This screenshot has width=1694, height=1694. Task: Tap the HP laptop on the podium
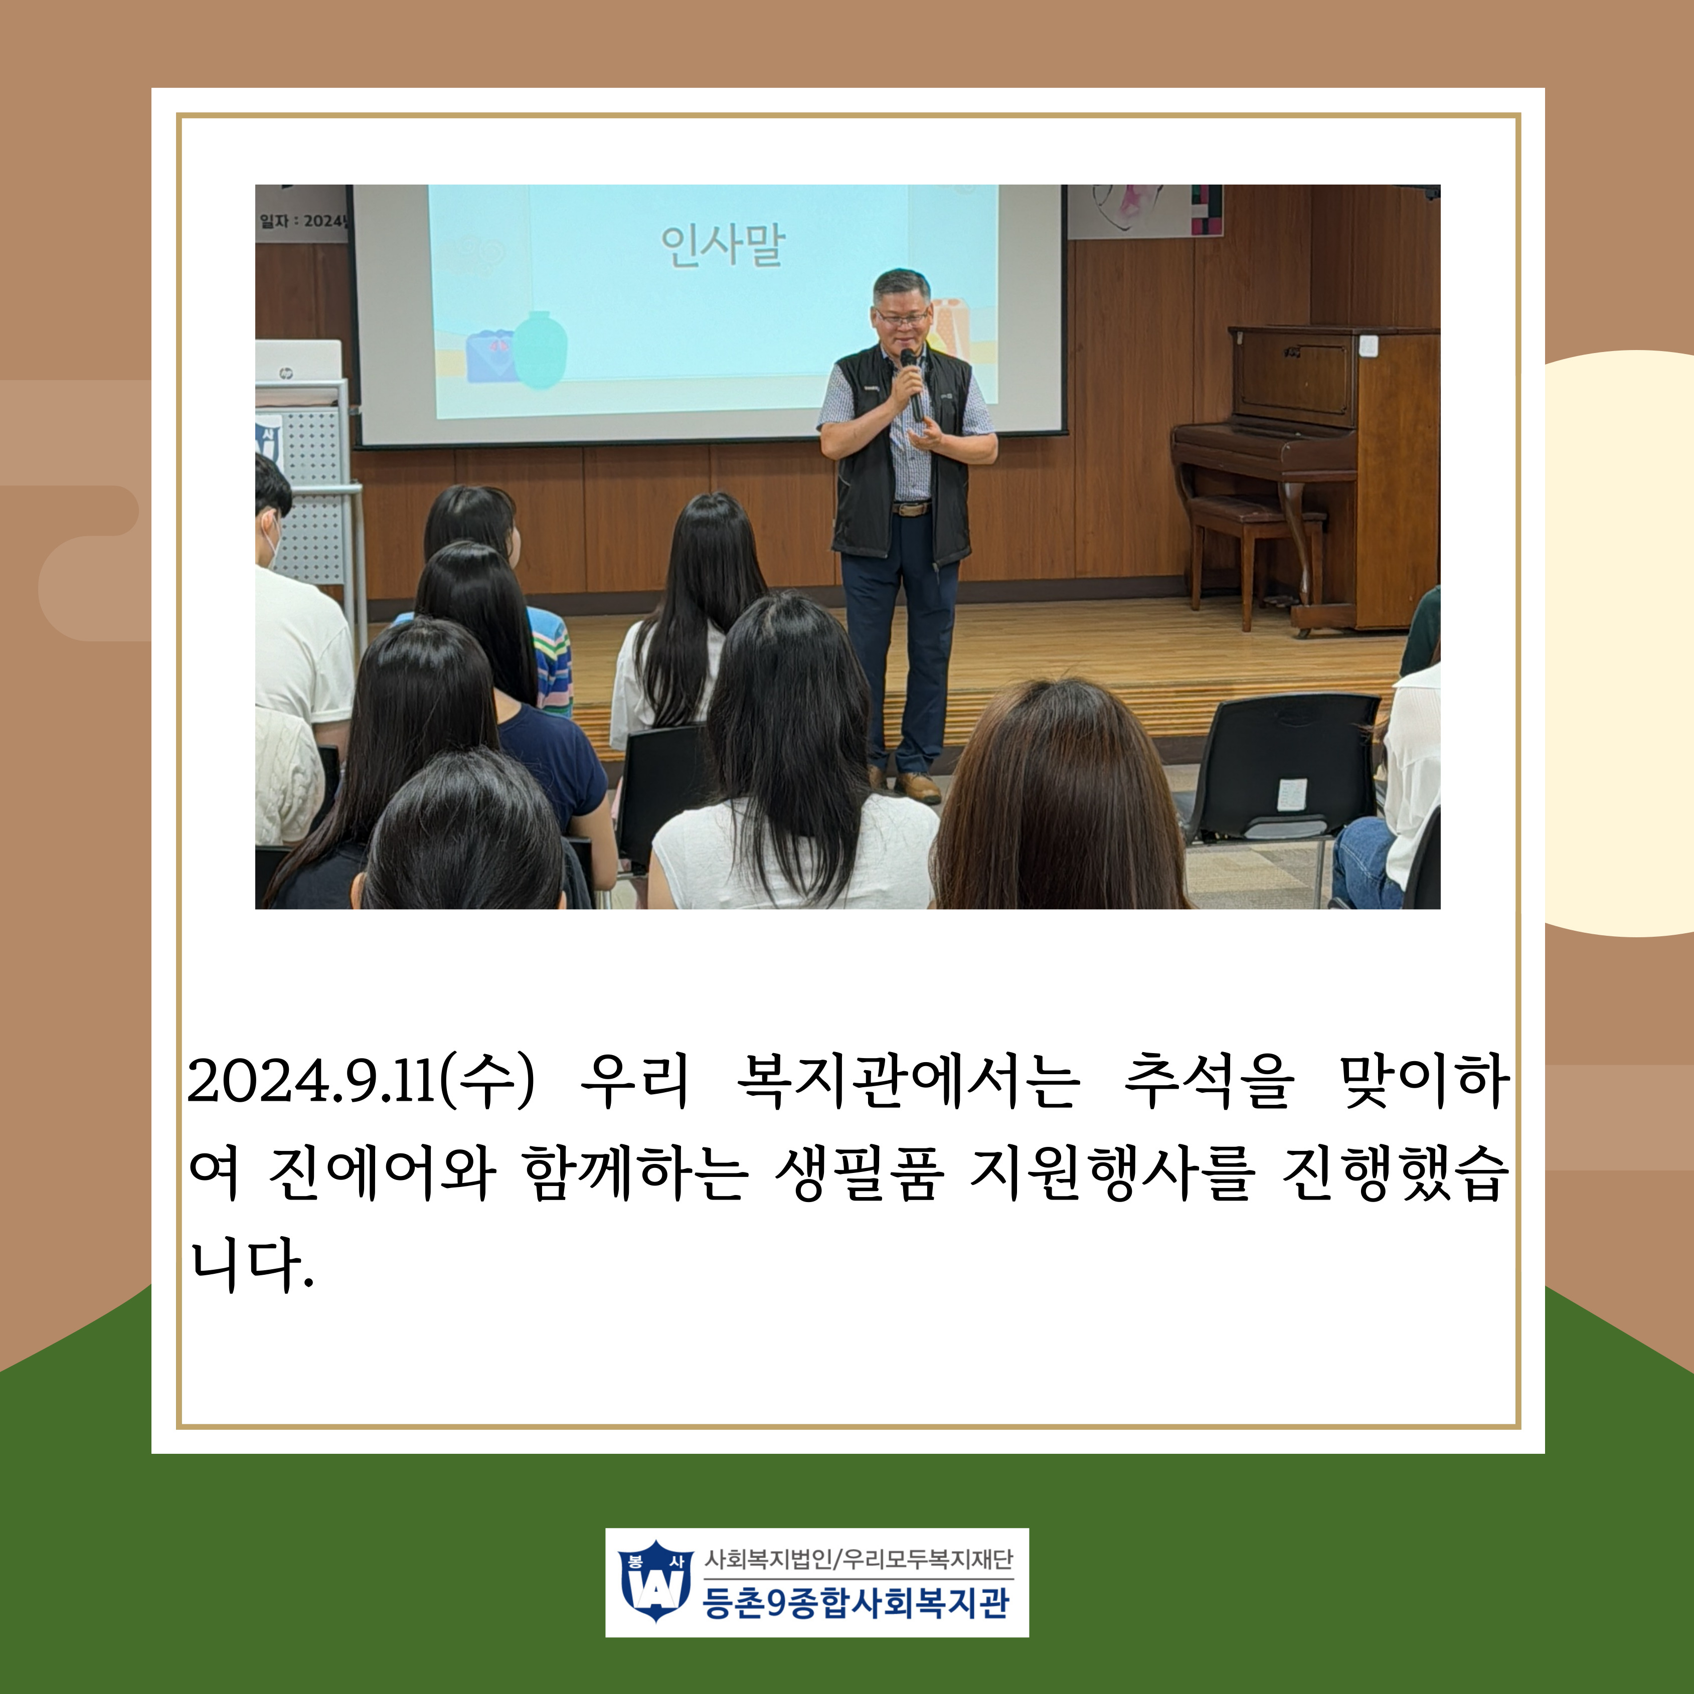298,362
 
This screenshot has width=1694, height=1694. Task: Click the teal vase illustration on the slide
539,350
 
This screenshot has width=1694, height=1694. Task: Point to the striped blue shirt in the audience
548,657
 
